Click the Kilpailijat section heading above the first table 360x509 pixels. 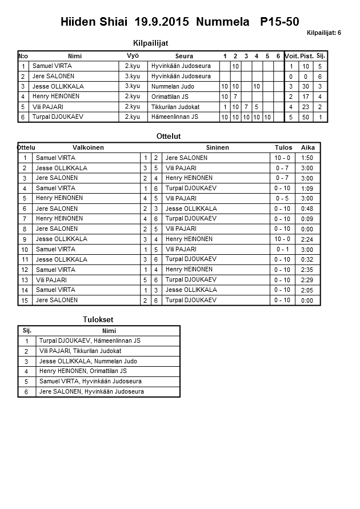pyautogui.click(x=150, y=43)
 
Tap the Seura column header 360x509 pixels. pyautogui.click(x=184, y=56)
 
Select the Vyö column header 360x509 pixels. pyautogui.click(x=133, y=55)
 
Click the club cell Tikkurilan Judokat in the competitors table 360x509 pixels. pyautogui.click(x=175, y=107)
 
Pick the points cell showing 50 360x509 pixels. pyautogui.click(x=306, y=117)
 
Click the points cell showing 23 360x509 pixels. pyautogui.click(x=306, y=107)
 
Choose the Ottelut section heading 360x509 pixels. pyautogui.click(x=169, y=137)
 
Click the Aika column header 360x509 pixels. pyautogui.click(x=308, y=147)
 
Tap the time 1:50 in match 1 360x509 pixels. pyautogui.click(x=307, y=158)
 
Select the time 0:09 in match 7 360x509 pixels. pyautogui.click(x=307, y=219)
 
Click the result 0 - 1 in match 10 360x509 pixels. pyautogui.click(x=282, y=250)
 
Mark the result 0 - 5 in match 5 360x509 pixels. pyautogui.click(x=282, y=198)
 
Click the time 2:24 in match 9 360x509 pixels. pyautogui.click(x=307, y=239)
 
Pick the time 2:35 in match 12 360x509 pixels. pyautogui.click(x=307, y=270)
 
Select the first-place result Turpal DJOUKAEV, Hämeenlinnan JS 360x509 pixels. pyautogui.click(x=90, y=340)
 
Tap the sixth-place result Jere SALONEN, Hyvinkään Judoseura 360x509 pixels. pyautogui.click(x=91, y=391)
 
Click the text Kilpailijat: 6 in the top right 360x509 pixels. pyautogui.click(x=323, y=33)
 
